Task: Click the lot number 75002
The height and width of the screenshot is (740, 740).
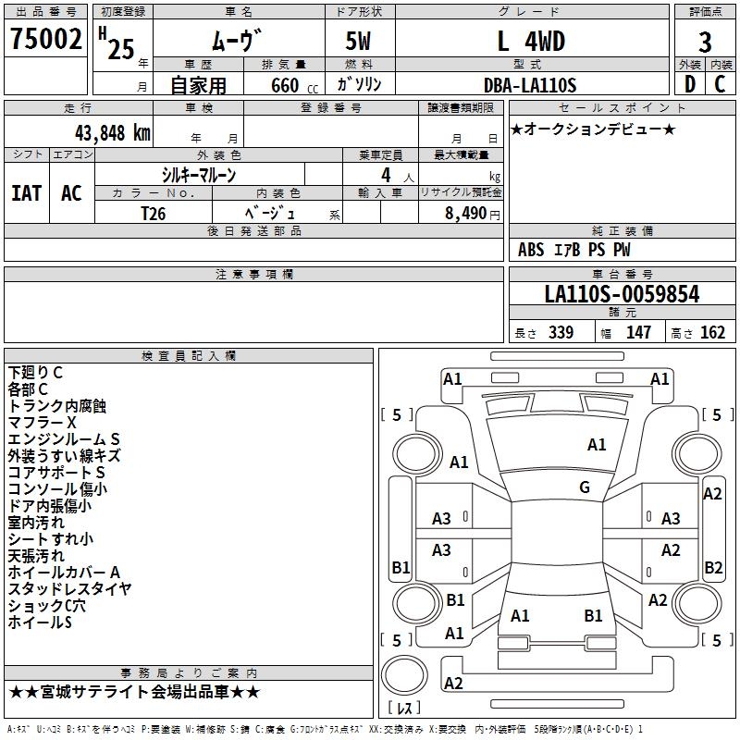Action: point(45,41)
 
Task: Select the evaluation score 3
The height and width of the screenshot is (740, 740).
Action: point(705,42)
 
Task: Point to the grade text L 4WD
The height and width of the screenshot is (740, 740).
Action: point(531,42)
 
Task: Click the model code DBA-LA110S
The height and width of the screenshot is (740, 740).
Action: point(531,85)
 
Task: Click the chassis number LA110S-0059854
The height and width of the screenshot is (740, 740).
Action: point(622,295)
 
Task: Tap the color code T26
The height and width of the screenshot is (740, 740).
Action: point(154,213)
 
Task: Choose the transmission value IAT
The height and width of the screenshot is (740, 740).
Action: point(26,193)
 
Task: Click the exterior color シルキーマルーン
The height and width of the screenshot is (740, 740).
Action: point(199,175)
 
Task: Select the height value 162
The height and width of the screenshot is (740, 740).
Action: point(712,333)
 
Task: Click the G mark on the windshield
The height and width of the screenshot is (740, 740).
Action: point(585,487)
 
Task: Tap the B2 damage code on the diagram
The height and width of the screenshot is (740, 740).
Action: point(713,567)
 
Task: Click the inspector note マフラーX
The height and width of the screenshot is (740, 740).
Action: point(43,422)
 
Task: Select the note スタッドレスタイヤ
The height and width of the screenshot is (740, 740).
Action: point(69,589)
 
